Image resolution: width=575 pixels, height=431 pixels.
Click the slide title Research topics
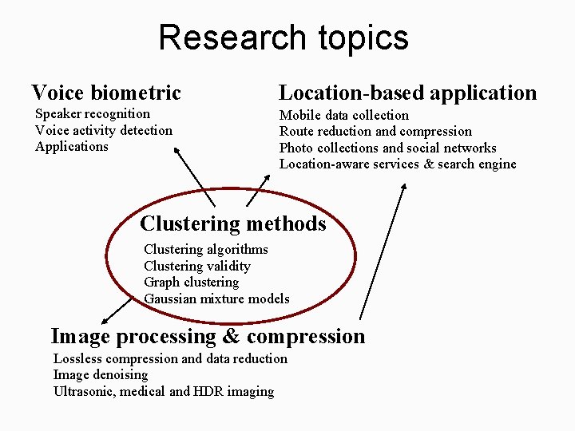click(x=284, y=38)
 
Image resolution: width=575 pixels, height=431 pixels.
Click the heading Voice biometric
click(x=106, y=93)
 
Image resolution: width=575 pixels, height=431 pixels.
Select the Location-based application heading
click(x=407, y=93)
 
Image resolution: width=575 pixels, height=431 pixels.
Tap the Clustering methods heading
click(x=233, y=223)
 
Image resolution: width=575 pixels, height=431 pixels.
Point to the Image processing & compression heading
click(x=208, y=336)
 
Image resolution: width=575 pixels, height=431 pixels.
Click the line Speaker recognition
click(x=93, y=114)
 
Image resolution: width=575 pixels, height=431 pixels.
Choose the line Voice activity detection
click(x=104, y=130)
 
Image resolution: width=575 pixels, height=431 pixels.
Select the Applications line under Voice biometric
click(x=72, y=147)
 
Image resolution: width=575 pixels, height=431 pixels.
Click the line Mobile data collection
click(x=344, y=115)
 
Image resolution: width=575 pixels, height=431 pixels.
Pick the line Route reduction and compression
click(x=375, y=132)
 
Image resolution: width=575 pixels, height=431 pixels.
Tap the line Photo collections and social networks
click(x=387, y=148)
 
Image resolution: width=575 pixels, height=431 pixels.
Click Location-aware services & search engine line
click(x=398, y=164)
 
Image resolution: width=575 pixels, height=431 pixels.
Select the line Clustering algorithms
click(x=206, y=250)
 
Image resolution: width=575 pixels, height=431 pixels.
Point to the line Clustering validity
click(x=197, y=266)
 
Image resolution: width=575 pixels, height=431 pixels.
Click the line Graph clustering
click(x=192, y=283)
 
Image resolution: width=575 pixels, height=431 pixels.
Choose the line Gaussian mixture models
click(x=216, y=299)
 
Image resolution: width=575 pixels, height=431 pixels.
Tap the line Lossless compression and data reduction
click(x=170, y=359)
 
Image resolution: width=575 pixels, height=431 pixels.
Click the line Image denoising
click(x=101, y=375)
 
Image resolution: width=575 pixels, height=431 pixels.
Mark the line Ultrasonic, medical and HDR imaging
click(x=164, y=392)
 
